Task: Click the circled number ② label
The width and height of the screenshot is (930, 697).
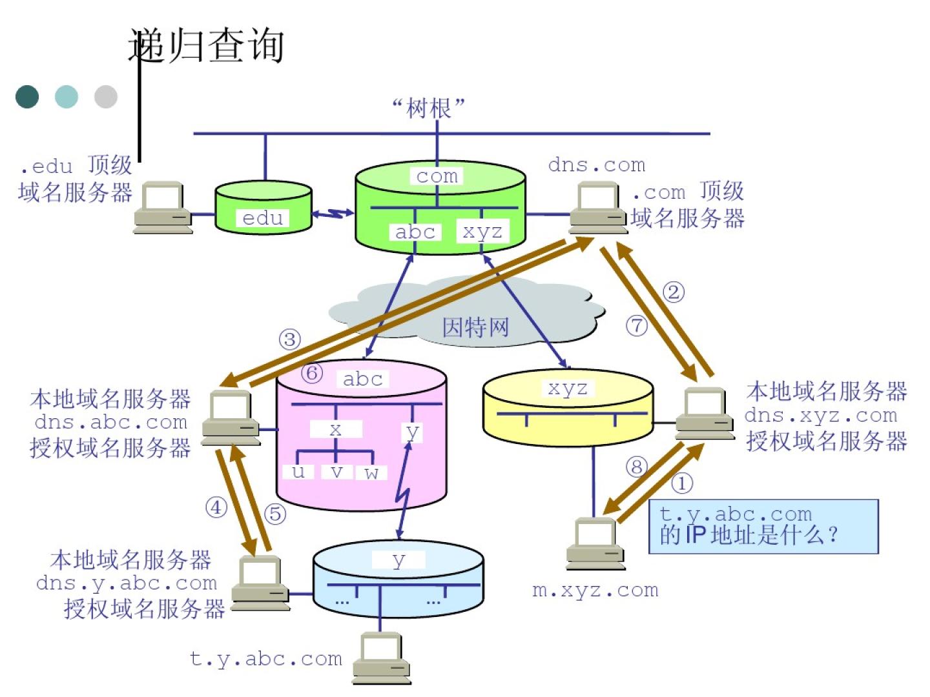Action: point(674,292)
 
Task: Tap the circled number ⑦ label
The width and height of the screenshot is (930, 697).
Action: point(637,325)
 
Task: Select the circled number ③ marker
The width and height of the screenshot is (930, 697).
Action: point(290,339)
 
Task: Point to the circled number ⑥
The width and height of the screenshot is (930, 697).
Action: point(312,372)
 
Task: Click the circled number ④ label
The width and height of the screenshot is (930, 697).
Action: point(216,507)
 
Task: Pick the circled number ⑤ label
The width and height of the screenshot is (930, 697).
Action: point(275,514)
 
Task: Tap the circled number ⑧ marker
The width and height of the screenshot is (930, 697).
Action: point(636,466)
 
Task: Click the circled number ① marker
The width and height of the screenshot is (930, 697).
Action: point(682,482)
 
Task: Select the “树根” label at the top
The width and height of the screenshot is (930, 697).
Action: point(428,108)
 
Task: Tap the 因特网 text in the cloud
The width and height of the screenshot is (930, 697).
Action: point(475,327)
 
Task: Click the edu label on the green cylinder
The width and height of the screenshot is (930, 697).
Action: point(263,218)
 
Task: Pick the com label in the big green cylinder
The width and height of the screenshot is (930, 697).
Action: point(437,176)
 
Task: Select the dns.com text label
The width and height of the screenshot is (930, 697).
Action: point(596,165)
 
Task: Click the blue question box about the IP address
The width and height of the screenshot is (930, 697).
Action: point(763,526)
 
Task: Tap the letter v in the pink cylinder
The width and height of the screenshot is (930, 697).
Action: point(336,472)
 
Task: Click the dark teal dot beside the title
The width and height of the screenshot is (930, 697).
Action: point(27,97)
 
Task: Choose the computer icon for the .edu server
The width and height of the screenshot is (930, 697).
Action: point(163,207)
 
